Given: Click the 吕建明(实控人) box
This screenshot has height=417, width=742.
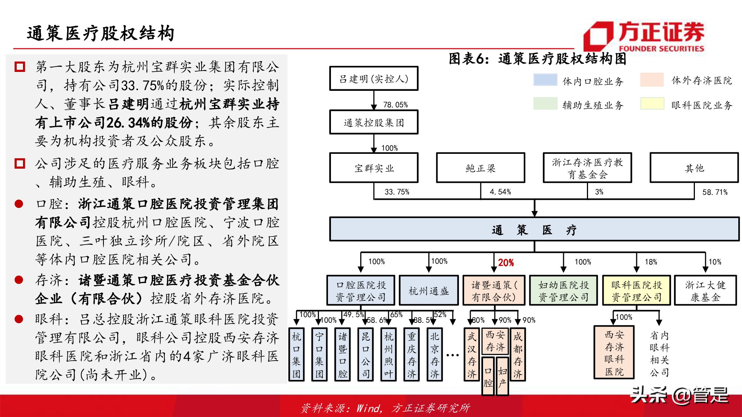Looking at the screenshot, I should (374, 79).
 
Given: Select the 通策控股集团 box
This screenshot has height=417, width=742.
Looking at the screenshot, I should (374, 122).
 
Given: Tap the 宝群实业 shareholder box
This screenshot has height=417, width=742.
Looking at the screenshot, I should (374, 168).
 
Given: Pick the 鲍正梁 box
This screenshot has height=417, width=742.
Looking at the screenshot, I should (480, 168).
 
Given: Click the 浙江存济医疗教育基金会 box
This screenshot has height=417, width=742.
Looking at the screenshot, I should (587, 168).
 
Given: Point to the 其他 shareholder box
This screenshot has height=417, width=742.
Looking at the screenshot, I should (694, 168).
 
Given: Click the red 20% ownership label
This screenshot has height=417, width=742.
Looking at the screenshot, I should (506, 263).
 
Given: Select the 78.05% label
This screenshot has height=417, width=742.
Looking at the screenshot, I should (395, 105).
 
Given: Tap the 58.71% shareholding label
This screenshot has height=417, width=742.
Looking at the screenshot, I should (715, 192).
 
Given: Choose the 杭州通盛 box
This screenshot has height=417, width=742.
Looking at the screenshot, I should (429, 291).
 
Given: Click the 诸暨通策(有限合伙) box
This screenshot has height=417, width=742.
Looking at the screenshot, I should (493, 291).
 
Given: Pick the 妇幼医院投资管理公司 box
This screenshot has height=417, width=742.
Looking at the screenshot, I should (563, 291).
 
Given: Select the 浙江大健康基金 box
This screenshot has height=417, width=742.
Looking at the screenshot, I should (705, 291).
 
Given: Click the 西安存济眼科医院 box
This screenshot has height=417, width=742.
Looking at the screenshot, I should (614, 353).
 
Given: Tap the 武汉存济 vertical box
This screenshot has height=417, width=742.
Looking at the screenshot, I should (472, 354).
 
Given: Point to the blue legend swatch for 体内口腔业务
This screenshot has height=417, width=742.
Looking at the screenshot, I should (545, 80).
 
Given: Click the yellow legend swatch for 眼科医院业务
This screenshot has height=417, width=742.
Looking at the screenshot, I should (652, 104).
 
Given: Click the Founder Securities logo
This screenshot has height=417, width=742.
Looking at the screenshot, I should (644, 36).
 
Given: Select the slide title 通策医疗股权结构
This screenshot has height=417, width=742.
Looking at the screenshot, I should (100, 33).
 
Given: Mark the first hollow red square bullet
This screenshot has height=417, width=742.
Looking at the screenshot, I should (20, 67).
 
